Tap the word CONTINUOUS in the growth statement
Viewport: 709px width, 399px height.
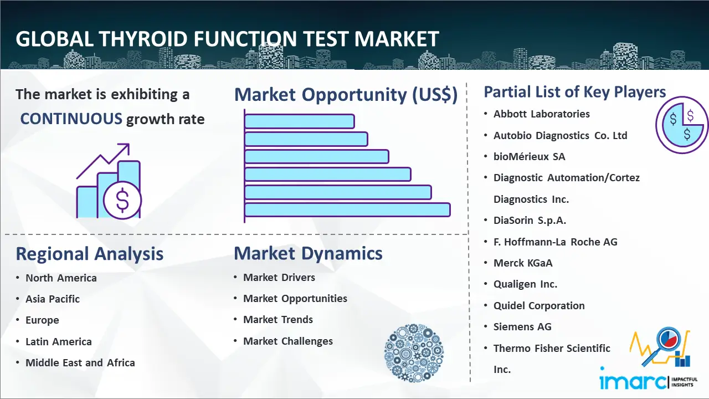point(71,119)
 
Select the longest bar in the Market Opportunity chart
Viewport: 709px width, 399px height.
point(347,210)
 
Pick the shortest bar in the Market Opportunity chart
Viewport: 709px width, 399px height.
point(300,121)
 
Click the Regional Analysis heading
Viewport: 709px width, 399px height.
point(90,254)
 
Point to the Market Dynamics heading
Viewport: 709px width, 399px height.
point(308,253)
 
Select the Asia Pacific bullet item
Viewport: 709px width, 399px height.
point(53,299)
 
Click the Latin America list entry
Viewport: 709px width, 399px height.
point(59,342)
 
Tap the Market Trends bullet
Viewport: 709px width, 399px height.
point(278,320)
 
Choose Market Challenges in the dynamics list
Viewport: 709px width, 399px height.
point(288,341)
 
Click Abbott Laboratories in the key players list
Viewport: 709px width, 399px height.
point(542,114)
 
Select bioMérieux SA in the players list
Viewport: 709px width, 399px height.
point(529,156)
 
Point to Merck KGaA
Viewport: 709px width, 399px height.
point(523,263)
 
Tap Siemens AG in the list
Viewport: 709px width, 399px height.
point(522,326)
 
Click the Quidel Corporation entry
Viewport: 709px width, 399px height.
point(539,305)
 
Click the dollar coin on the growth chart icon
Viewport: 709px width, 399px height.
point(122,201)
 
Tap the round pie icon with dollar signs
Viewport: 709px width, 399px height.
point(681,125)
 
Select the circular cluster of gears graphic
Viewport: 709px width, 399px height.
point(414,353)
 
